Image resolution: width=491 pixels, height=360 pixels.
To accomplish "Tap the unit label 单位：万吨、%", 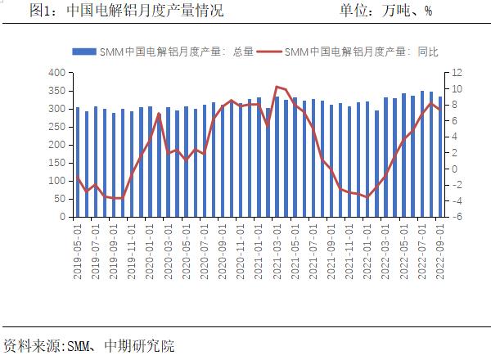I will (x=385, y=11).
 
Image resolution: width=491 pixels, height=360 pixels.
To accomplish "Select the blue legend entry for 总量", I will (x=163, y=52).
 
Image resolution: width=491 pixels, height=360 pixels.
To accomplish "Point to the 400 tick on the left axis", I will (x=56, y=73).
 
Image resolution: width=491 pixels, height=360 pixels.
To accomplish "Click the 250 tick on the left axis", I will (x=56, y=127).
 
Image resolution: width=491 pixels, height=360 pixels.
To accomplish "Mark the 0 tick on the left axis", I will (x=61, y=218).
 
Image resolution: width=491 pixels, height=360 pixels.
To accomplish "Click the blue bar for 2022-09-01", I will (x=440, y=157).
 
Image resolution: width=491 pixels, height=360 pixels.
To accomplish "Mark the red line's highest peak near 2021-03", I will (x=277, y=86).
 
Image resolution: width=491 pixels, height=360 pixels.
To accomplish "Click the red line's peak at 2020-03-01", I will (x=159, y=114).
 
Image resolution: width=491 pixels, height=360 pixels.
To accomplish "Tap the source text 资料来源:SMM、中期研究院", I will (x=88, y=346).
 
